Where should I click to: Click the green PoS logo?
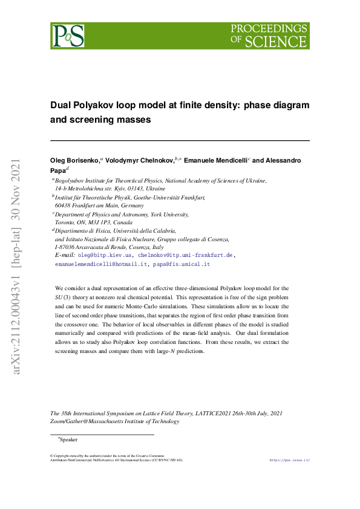tap(68, 36)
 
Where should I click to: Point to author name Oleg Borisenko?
tap(75, 160)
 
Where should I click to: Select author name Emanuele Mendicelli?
tap(214, 160)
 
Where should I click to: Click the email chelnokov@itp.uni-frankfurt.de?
tap(186, 256)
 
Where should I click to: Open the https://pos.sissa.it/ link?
tap(289, 460)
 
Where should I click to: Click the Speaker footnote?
tap(68, 439)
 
